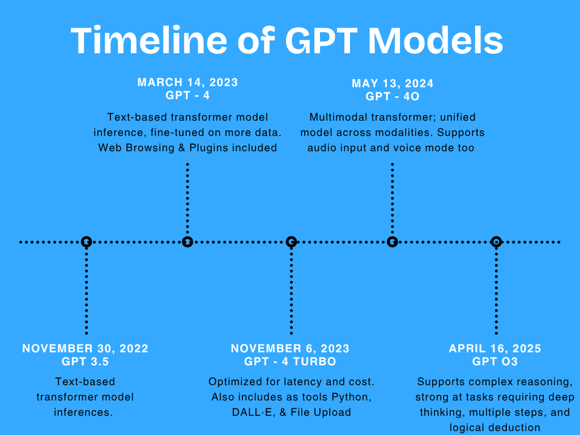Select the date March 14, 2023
(x=187, y=83)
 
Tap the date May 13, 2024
(x=393, y=84)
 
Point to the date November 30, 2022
(x=86, y=348)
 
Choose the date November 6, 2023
(x=290, y=348)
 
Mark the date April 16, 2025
(x=495, y=348)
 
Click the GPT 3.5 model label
(x=86, y=362)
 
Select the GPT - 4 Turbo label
(x=290, y=362)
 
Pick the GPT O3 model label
(x=495, y=362)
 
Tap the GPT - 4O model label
(x=393, y=97)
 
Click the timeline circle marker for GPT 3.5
(x=86, y=242)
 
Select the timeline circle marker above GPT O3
(x=496, y=242)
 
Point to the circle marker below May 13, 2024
(x=393, y=242)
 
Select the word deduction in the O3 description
(x=515, y=428)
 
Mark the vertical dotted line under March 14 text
(x=187, y=198)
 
